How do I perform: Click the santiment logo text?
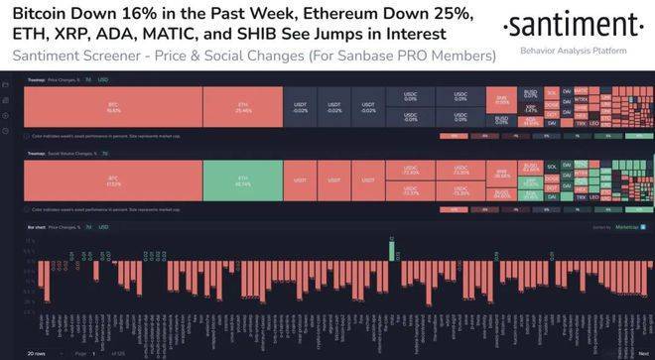coord(570,25)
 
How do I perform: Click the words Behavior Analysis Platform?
coord(570,49)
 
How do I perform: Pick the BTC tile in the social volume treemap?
coord(113,182)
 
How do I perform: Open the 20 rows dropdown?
coord(41,353)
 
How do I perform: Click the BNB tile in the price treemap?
coord(503,102)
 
